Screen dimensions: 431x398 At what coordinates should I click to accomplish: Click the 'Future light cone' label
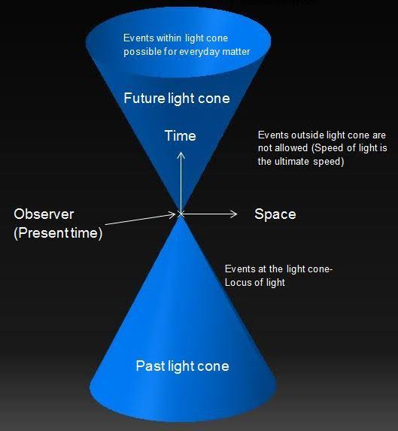[177, 99]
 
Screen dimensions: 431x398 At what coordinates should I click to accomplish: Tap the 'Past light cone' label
[182, 366]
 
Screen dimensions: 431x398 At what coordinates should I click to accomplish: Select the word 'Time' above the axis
[180, 136]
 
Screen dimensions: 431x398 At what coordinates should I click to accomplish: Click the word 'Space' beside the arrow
[275, 214]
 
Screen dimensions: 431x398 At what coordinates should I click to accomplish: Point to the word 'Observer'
[44, 214]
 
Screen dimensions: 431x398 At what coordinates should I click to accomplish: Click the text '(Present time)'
[58, 233]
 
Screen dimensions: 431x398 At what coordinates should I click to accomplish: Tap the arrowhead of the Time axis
[181, 153]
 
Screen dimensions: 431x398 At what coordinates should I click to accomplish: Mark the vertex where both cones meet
[181, 214]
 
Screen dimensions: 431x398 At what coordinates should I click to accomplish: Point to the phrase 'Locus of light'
[257, 282]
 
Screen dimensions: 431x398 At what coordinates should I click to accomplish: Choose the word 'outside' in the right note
[307, 135]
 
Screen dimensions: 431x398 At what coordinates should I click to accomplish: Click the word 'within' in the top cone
[168, 38]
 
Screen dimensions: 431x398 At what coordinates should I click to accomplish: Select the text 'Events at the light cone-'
[278, 269]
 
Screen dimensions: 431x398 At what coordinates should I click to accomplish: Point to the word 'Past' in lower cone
[149, 366]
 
